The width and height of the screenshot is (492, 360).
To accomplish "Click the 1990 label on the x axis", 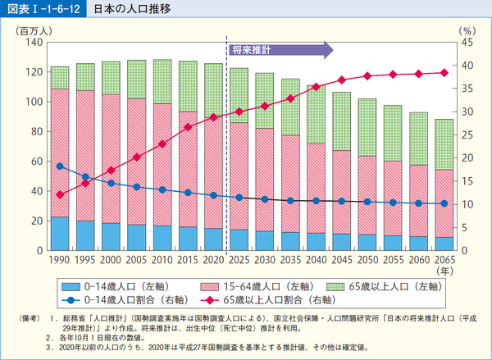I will pyautogui.click(x=60, y=260).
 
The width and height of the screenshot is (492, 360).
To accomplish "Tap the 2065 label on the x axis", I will pyautogui.click(x=444, y=260).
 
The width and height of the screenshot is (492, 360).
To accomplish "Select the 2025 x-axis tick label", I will pyautogui.click(x=239, y=260).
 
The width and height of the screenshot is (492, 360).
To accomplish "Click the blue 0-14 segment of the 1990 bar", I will pyautogui.click(x=60, y=234).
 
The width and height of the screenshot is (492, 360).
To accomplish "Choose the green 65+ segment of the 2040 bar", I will pyautogui.click(x=316, y=114).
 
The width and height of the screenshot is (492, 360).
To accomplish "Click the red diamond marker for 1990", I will pyautogui.click(x=60, y=194).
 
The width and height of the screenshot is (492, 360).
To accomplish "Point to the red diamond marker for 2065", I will pyautogui.click(x=444, y=72).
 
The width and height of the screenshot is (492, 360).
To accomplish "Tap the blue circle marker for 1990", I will pyautogui.click(x=60, y=166).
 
